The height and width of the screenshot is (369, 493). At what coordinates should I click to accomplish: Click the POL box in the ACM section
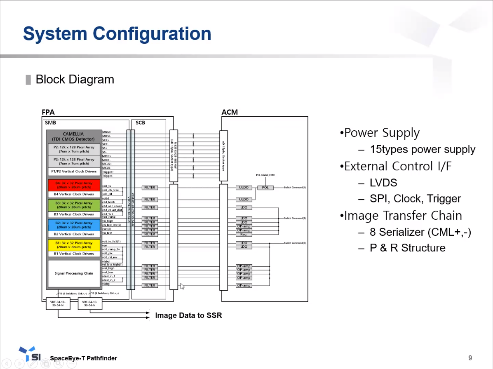pos(265,188)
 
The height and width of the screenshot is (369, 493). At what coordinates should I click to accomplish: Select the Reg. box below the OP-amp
pos(244,234)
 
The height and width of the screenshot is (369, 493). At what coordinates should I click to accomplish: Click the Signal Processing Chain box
pos(74,273)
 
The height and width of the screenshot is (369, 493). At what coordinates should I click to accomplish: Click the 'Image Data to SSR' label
pos(188,315)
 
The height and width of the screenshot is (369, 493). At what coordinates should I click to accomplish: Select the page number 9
pos(470,358)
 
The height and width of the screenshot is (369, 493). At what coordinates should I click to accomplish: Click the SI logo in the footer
pos(31,355)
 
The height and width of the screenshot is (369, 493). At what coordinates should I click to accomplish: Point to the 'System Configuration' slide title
pos(117,34)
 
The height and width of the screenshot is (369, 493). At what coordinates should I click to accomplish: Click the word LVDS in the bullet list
pos(383,182)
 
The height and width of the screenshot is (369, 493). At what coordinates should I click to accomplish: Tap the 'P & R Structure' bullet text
pos(408,248)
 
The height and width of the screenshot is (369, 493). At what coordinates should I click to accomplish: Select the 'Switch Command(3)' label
pos(295,218)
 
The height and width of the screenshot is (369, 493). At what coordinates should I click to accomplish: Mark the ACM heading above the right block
pos(230,112)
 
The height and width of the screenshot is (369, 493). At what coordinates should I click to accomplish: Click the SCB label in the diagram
pos(140,122)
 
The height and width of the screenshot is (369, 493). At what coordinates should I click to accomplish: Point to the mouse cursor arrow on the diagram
pos(182,286)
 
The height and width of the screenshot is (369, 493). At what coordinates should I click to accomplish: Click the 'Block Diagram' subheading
pos(75,79)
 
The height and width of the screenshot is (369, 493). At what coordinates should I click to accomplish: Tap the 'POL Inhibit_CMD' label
pos(265,175)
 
